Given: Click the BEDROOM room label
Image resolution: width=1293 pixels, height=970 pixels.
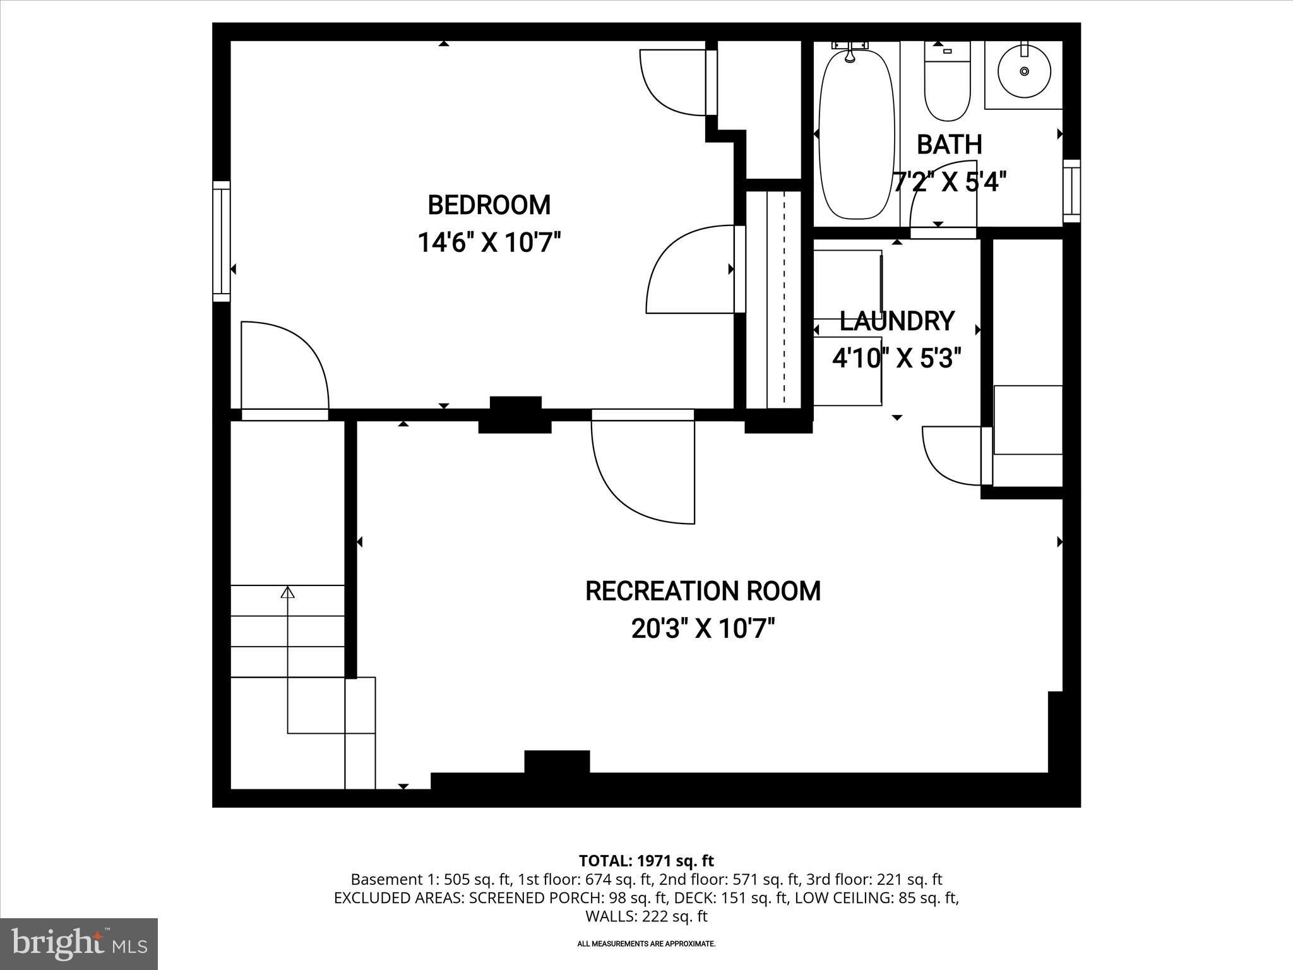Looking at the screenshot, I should point(489,205).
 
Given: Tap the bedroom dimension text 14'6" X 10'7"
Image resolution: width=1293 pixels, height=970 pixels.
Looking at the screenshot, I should point(489,242).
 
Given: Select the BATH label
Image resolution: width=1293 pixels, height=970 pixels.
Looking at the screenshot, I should point(949,145).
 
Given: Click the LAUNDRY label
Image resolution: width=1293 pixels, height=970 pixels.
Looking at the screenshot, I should point(897,321).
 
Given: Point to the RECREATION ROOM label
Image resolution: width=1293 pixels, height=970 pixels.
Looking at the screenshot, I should point(703,591).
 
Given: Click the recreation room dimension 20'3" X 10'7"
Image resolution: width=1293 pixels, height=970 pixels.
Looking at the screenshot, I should point(703,629).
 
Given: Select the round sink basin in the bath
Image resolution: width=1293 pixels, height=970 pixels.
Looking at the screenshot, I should point(1024,71).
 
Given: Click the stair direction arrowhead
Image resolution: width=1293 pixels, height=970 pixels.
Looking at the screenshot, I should point(288,592).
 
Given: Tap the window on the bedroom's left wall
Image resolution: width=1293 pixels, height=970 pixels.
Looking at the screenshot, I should point(221,241).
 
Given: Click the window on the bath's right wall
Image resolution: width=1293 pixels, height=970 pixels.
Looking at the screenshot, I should point(1071,191).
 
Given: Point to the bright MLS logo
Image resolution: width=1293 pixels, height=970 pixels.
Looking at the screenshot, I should point(79,943).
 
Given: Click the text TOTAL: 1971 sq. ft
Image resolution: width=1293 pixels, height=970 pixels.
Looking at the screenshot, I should point(646,861).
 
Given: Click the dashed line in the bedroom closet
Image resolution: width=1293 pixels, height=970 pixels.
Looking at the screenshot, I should point(784,300).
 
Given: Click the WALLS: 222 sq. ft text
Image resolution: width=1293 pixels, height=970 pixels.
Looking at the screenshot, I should point(646,916).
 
